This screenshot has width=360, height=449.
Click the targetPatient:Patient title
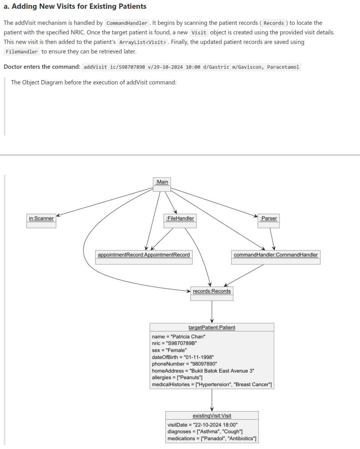(212, 328)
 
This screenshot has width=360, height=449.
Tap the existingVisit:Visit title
(212, 416)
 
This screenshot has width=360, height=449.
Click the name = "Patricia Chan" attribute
(179, 337)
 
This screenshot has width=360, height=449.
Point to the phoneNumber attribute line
(184, 364)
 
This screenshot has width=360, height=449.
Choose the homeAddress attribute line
(203, 371)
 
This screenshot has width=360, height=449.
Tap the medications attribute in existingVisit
(212, 438)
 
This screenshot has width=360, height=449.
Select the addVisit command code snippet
(191, 67)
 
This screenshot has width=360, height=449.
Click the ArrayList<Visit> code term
(142, 42)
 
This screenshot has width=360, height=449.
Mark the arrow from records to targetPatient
(212, 312)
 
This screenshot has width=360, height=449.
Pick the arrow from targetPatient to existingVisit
(212, 400)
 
